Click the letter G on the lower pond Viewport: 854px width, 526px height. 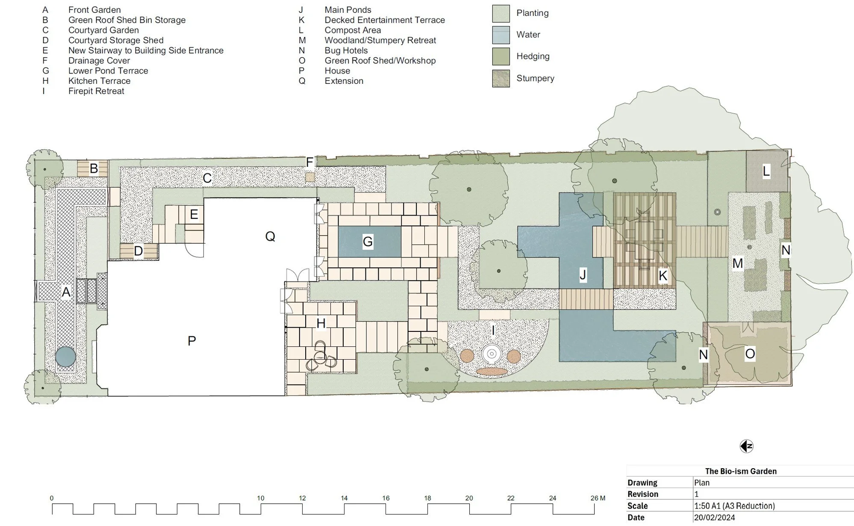click(x=368, y=242)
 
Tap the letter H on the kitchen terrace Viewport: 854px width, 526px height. click(x=321, y=323)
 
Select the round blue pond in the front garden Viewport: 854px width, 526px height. click(x=66, y=357)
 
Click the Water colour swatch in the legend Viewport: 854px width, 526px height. click(x=501, y=35)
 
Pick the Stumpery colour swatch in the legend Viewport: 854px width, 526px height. click(x=501, y=79)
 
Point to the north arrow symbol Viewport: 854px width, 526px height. click(x=746, y=446)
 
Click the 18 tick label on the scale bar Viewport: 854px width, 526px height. click(x=427, y=498)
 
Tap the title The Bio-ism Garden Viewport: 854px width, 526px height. click(x=740, y=471)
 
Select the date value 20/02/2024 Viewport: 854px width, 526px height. click(x=714, y=517)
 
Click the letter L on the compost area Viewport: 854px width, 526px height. click(x=766, y=171)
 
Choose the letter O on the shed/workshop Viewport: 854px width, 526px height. click(x=750, y=354)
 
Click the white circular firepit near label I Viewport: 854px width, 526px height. click(x=492, y=354)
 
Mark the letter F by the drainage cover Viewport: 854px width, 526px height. click(x=309, y=162)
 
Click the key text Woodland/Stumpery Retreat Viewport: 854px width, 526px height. click(x=380, y=40)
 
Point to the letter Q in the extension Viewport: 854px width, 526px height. click(x=270, y=236)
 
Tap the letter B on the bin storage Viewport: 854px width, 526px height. click(x=94, y=168)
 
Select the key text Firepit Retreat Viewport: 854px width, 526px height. click(x=96, y=91)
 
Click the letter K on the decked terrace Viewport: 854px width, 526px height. click(x=663, y=276)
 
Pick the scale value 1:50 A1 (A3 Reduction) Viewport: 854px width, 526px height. click(x=734, y=505)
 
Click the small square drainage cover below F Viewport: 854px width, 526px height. click(x=309, y=177)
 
